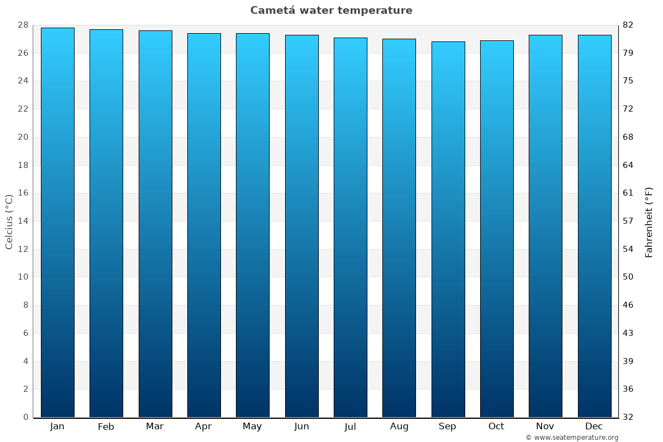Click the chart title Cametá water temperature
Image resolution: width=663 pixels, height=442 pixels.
click(331, 10)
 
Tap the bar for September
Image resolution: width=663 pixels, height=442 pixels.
click(448, 229)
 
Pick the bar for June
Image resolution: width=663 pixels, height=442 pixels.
click(302, 226)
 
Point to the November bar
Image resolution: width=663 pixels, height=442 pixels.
click(545, 226)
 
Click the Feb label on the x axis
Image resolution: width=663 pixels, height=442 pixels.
click(106, 427)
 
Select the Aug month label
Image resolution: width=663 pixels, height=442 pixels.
click(399, 427)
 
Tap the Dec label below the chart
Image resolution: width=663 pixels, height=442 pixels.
click(594, 427)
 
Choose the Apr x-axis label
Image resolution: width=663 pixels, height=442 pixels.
click(203, 427)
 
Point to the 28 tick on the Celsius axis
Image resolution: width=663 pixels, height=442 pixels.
click(23, 25)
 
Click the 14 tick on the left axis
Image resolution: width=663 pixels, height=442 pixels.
click(23, 221)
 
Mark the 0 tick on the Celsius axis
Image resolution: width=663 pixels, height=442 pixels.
click(25, 417)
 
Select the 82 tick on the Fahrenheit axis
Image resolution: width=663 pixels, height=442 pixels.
click(628, 25)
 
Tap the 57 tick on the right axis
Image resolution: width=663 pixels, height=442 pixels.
click(628, 221)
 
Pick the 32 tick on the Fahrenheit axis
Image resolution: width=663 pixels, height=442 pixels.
click(628, 417)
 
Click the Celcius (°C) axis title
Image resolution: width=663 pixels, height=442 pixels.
click(9, 221)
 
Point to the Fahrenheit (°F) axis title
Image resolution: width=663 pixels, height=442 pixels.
click(649, 222)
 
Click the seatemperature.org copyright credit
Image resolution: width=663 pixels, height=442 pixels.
click(572, 438)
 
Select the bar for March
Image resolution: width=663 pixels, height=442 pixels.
click(155, 224)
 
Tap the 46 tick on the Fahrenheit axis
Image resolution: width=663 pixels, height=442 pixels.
click(628, 305)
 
